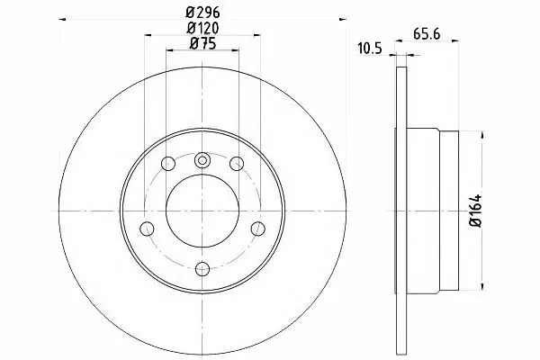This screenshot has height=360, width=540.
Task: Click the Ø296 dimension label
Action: coord(202,13)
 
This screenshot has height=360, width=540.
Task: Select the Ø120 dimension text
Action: coord(202,28)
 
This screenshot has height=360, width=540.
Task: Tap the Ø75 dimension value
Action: coord(202,43)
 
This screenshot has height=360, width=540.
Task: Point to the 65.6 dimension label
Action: coord(427,34)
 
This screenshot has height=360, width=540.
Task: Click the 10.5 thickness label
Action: coord(370,49)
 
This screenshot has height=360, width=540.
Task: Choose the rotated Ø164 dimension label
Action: coord(475,211)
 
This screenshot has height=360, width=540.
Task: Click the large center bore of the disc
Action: coord(202,211)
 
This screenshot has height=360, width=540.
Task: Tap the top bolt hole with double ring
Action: coord(202,160)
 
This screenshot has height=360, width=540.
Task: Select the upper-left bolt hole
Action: coord(168,163)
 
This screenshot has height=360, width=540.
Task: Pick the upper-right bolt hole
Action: coord(237,163)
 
